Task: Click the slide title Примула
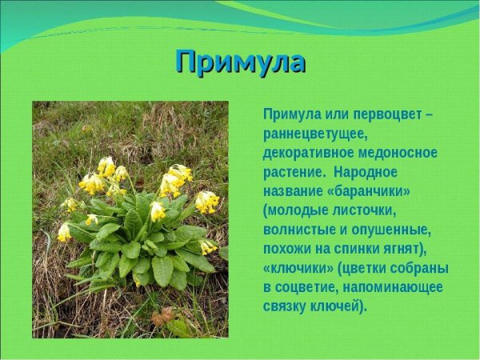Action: click(x=240, y=62)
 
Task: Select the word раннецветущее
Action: click(x=314, y=134)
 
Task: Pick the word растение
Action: click(x=292, y=172)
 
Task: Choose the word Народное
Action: click(x=366, y=172)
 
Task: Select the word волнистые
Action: click(x=301, y=230)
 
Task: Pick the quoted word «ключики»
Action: click(x=298, y=268)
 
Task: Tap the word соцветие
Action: click(x=310, y=287)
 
